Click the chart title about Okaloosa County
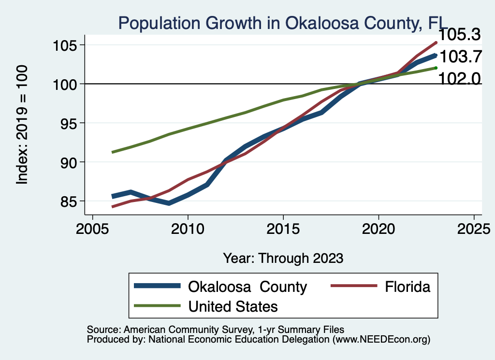coord(282,23)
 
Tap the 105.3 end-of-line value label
coord(459,35)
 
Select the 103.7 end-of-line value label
coord(461,57)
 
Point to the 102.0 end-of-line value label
coord(459,79)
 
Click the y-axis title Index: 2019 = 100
coord(22,125)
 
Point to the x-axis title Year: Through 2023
coord(283,258)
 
